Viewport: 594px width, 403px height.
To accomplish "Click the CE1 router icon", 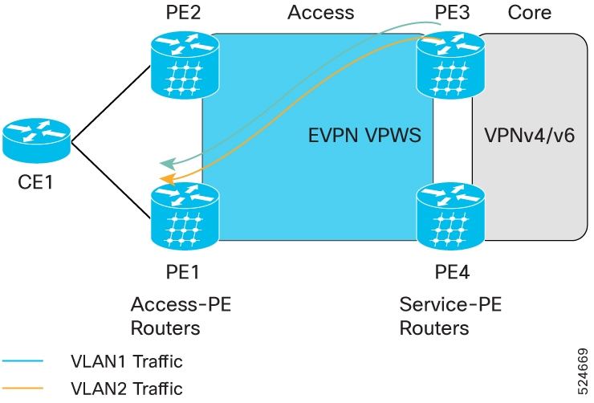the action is pos(36,140).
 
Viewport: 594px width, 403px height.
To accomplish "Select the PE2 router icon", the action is pos(185,65).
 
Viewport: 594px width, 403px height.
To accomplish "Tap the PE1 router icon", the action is pos(185,216).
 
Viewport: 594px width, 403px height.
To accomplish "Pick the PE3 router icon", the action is pos(450,65).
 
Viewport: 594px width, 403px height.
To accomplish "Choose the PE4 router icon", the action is pos(450,216).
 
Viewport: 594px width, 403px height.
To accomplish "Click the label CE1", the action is pos(35,182).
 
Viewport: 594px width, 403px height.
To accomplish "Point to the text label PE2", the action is pos(183,12).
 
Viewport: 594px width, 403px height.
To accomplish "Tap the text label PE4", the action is pos(452,272).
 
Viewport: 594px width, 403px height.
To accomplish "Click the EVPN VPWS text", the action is pos(364,135).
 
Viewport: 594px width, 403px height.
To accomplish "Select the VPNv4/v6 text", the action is pos(530,135).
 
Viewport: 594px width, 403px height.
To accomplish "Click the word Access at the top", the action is pos(321,12).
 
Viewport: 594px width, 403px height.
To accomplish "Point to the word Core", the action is pos(529,12).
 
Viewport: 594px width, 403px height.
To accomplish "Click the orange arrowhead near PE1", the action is pos(167,180).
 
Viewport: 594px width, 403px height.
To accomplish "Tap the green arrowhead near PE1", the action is pos(167,164).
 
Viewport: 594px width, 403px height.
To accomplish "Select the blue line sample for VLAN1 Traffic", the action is pos(22,361).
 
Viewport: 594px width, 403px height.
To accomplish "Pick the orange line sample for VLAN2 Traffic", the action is pos(22,388).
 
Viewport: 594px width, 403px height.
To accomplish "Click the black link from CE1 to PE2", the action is pos(111,104).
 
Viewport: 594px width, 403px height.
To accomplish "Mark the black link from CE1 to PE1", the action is pos(111,181).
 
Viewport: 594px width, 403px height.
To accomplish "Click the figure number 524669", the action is pos(583,372).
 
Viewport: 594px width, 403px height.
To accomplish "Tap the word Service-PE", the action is pos(450,304).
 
